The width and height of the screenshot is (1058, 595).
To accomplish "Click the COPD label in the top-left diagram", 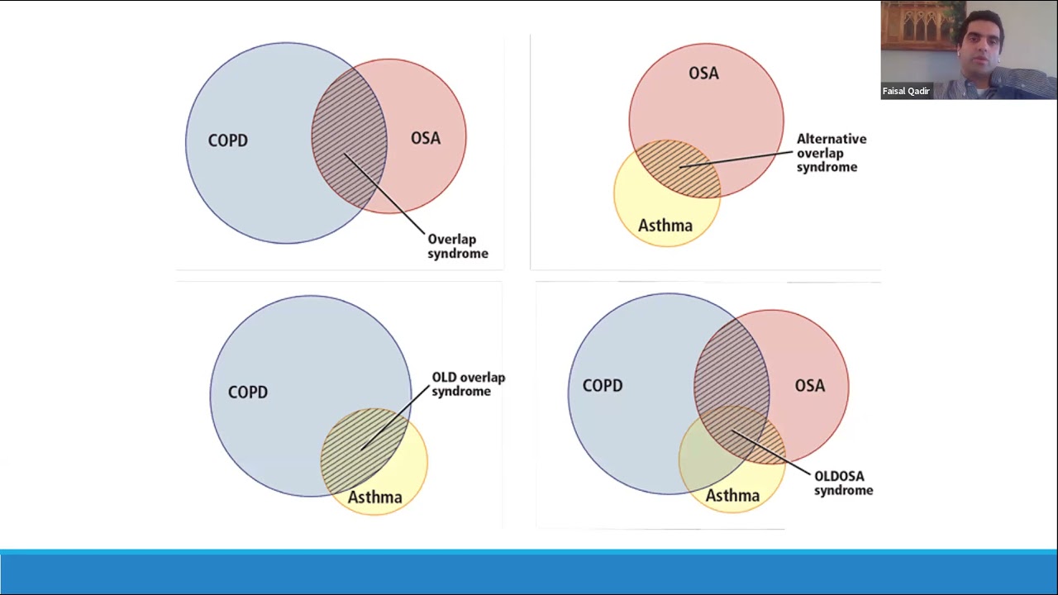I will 227,140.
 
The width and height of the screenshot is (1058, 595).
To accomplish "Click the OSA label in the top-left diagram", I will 426,138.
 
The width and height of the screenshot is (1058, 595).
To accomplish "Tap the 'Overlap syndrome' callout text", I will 457,246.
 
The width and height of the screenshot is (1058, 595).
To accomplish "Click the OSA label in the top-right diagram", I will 703,74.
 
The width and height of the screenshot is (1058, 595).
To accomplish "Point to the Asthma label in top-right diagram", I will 665,225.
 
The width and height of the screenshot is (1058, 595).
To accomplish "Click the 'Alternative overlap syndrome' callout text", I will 831,153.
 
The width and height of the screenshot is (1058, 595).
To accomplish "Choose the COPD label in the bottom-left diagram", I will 247,392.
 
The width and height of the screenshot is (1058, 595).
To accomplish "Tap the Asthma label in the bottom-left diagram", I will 374,497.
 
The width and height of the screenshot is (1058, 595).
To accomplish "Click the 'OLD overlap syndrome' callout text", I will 468,384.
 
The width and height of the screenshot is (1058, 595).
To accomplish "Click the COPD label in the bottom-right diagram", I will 603,385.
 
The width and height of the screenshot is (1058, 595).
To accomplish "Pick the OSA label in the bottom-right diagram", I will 809,385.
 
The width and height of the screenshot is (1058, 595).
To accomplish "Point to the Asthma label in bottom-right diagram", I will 732,495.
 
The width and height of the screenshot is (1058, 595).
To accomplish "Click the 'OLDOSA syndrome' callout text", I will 843,483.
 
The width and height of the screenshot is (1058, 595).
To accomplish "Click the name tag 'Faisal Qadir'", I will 906,91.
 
